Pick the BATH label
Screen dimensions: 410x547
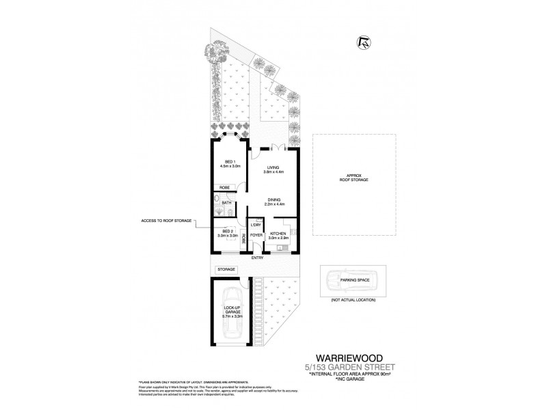[x=226, y=202]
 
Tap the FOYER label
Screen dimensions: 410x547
[x=256, y=236]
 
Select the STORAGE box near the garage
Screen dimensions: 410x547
[x=227, y=269]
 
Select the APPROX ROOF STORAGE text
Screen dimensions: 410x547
[x=349, y=176]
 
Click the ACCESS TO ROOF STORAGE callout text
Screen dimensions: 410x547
[x=165, y=220]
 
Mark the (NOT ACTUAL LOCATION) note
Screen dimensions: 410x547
[x=350, y=301]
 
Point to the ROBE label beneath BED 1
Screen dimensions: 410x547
[x=223, y=188]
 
